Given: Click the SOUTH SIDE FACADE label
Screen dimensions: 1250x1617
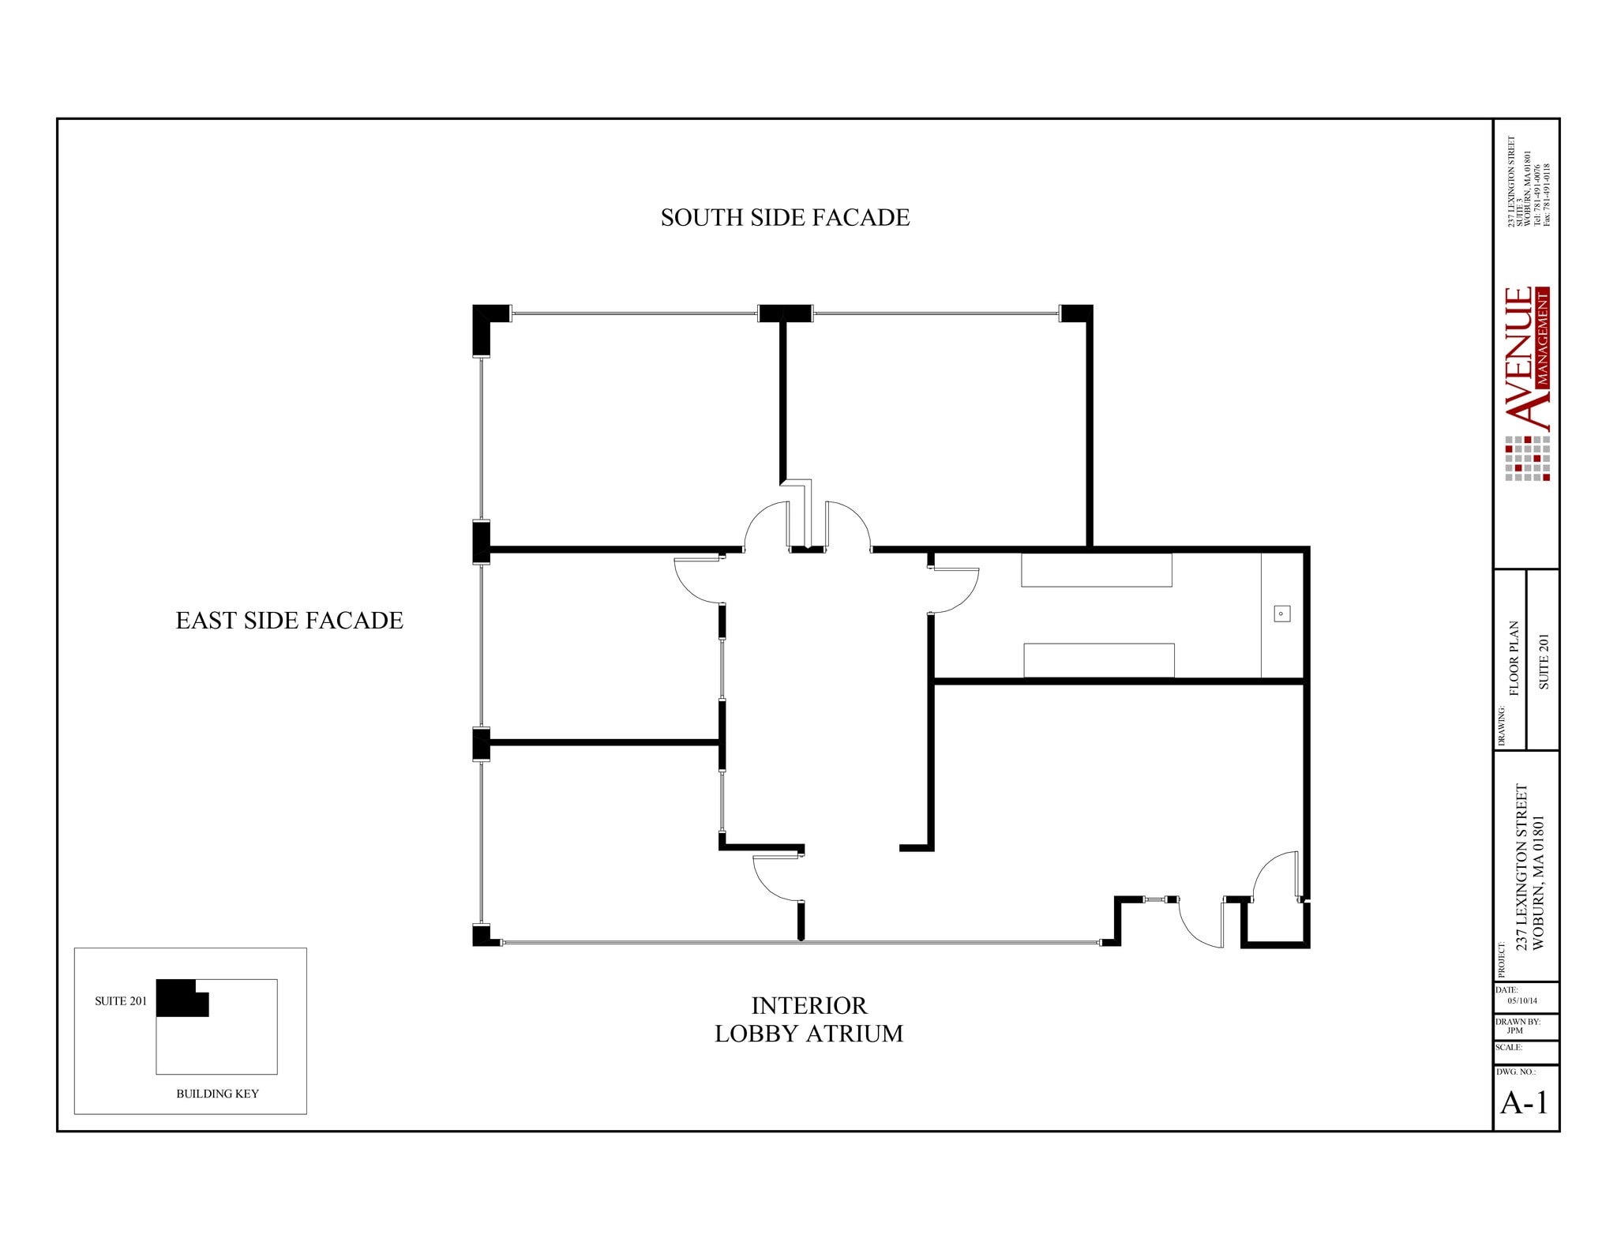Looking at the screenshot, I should tap(785, 218).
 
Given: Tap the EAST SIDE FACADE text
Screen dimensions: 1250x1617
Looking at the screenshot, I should tap(289, 621).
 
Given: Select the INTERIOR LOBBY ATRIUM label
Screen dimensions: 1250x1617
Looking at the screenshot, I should tap(808, 1019).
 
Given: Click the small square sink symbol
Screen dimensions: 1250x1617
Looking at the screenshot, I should tap(1282, 614).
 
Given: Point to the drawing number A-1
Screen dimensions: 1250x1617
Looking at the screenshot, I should tap(1524, 1102).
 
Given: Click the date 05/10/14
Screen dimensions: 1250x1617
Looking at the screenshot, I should tap(1521, 1000).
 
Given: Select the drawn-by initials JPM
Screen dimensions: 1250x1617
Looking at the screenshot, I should tap(1514, 1030).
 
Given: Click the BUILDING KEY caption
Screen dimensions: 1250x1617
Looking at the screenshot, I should tap(217, 1094).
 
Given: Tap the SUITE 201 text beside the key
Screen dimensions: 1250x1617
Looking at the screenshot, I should tap(121, 1001).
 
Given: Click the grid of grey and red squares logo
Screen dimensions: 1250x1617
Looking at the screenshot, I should tap(1527, 459).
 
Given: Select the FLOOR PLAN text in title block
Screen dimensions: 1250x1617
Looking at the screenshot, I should tap(1514, 658).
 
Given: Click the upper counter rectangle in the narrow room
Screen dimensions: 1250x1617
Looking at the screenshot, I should tap(1096, 570).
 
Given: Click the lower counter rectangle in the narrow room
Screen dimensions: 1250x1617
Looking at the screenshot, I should tap(1098, 660).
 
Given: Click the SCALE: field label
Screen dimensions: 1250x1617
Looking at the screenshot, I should tap(1509, 1048).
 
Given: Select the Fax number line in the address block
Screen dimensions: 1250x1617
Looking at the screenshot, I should tap(1548, 194).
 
